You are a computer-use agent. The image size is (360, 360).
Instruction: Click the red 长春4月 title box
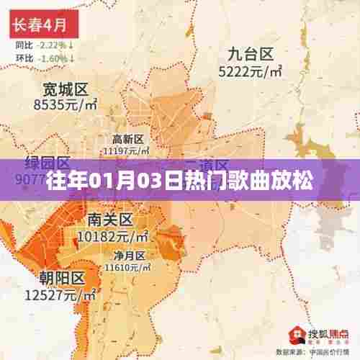pos(42,25)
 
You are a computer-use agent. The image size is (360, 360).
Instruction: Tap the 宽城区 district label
pos(65,90)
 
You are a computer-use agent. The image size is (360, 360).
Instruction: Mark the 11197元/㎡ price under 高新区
pos(127,151)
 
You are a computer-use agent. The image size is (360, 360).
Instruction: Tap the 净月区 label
pos(128,255)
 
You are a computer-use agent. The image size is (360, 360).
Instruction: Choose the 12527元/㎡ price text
pos(62,294)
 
